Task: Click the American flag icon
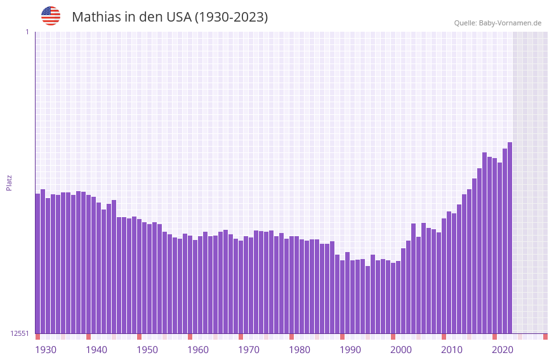(51, 16)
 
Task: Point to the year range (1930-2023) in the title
(231, 17)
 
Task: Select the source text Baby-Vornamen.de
(510, 23)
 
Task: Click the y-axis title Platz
(9, 183)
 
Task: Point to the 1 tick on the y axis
(27, 32)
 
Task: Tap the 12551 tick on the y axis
(20, 333)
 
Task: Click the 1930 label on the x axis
(46, 350)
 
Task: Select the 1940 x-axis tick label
(96, 350)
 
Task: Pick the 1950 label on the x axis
(147, 350)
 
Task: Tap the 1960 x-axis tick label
(198, 350)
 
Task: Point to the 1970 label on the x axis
(249, 350)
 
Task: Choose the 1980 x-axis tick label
(300, 350)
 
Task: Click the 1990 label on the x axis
(350, 350)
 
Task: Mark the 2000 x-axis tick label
(401, 350)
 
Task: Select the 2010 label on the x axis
(452, 350)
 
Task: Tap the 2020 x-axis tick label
(503, 350)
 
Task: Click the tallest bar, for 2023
(510, 238)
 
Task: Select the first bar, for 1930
(37, 263)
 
